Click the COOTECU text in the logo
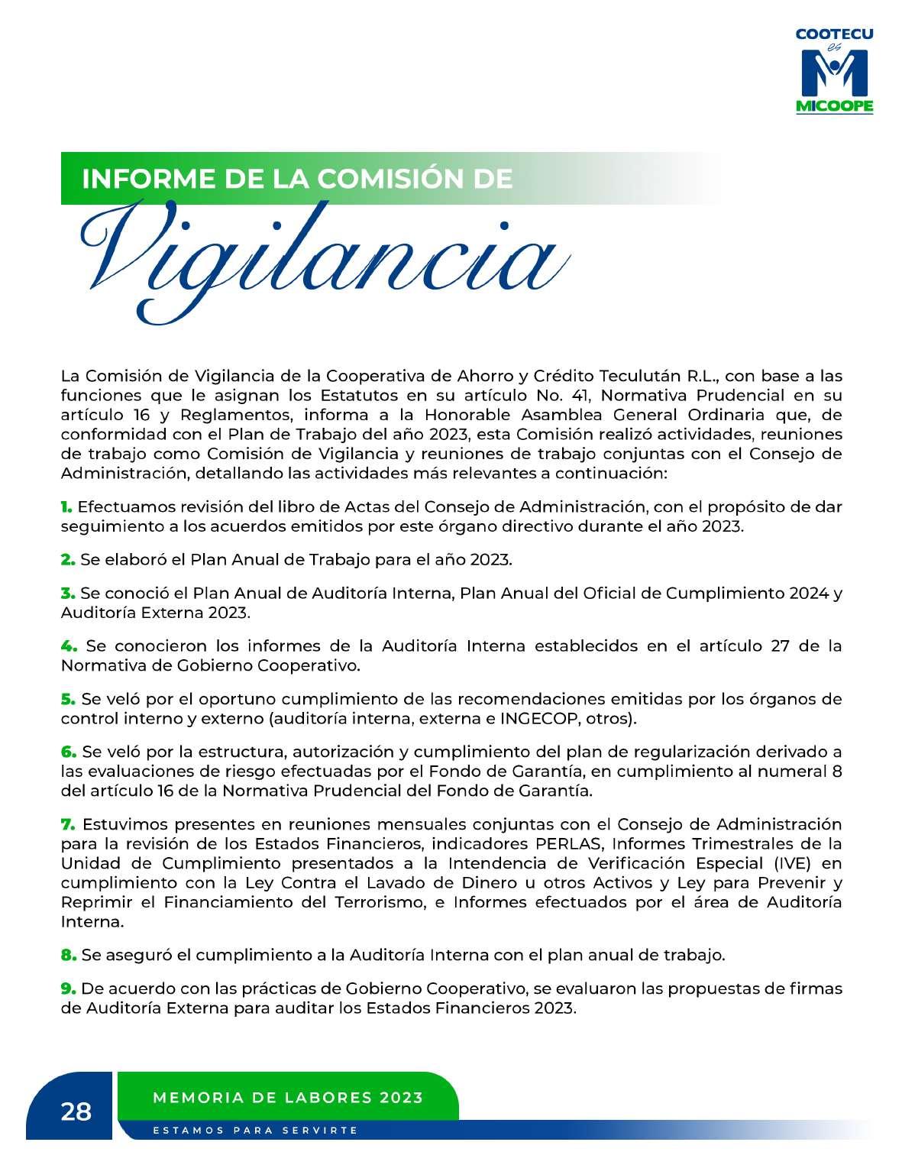click(834, 34)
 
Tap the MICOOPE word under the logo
click(834, 107)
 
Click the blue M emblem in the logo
click(834, 73)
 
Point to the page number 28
click(76, 1111)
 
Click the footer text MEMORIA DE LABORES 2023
click(288, 1098)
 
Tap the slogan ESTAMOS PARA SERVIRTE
click(255, 1130)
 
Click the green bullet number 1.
click(66, 506)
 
